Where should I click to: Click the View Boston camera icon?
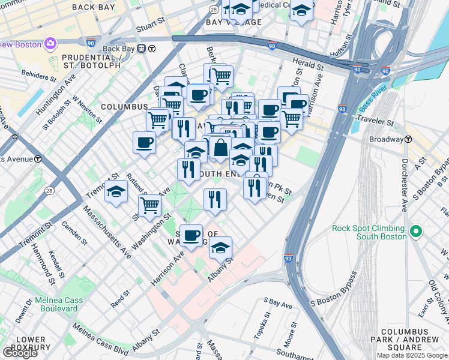50,44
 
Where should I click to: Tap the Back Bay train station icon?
142,49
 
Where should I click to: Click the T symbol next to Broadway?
408,139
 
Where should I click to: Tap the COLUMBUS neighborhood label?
124,107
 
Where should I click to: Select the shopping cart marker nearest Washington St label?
149,206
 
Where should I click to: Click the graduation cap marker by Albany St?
220,247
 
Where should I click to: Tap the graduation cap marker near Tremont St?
116,192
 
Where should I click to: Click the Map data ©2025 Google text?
411,355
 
